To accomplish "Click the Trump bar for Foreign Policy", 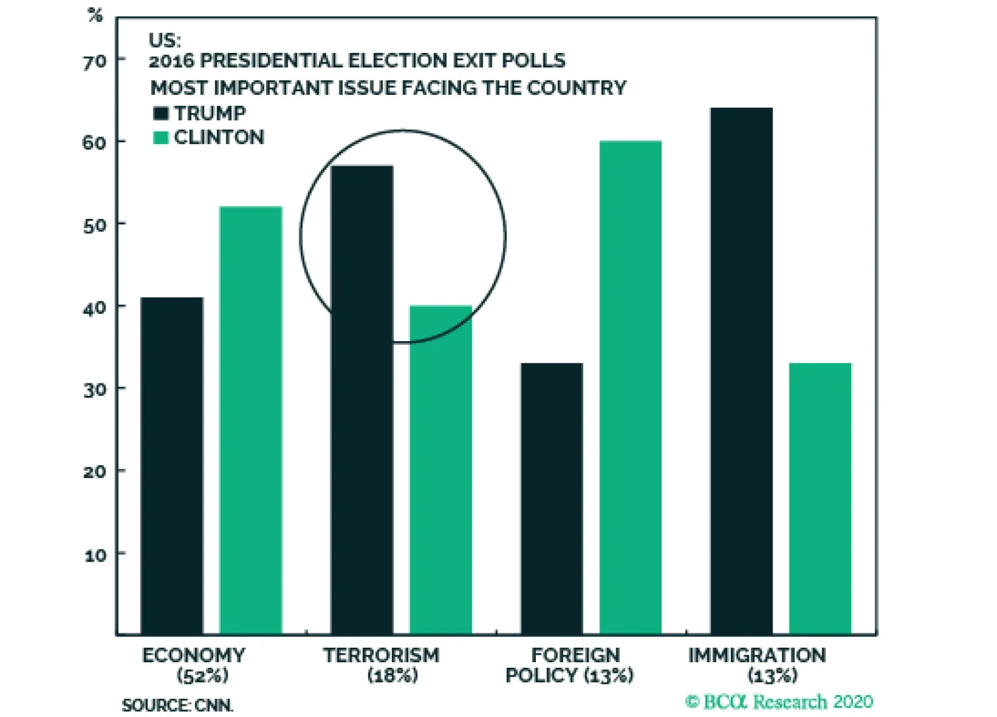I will click(x=552, y=498).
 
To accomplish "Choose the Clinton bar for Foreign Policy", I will click(x=631, y=387).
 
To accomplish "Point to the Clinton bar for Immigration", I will click(x=820, y=498).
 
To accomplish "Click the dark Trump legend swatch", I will click(x=161, y=113).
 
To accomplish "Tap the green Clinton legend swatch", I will click(x=161, y=137).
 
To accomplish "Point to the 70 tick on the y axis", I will click(x=95, y=62).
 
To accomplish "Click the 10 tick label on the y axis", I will click(x=95, y=555).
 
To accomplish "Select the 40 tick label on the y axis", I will click(x=95, y=307).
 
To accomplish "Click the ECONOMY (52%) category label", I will click(x=194, y=665).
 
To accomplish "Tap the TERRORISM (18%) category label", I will click(x=381, y=665).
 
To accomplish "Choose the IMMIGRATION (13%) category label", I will click(x=757, y=665).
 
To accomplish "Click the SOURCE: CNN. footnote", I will click(x=178, y=705).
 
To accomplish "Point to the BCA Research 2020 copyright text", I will click(x=779, y=702).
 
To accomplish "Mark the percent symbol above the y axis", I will click(x=95, y=15).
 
